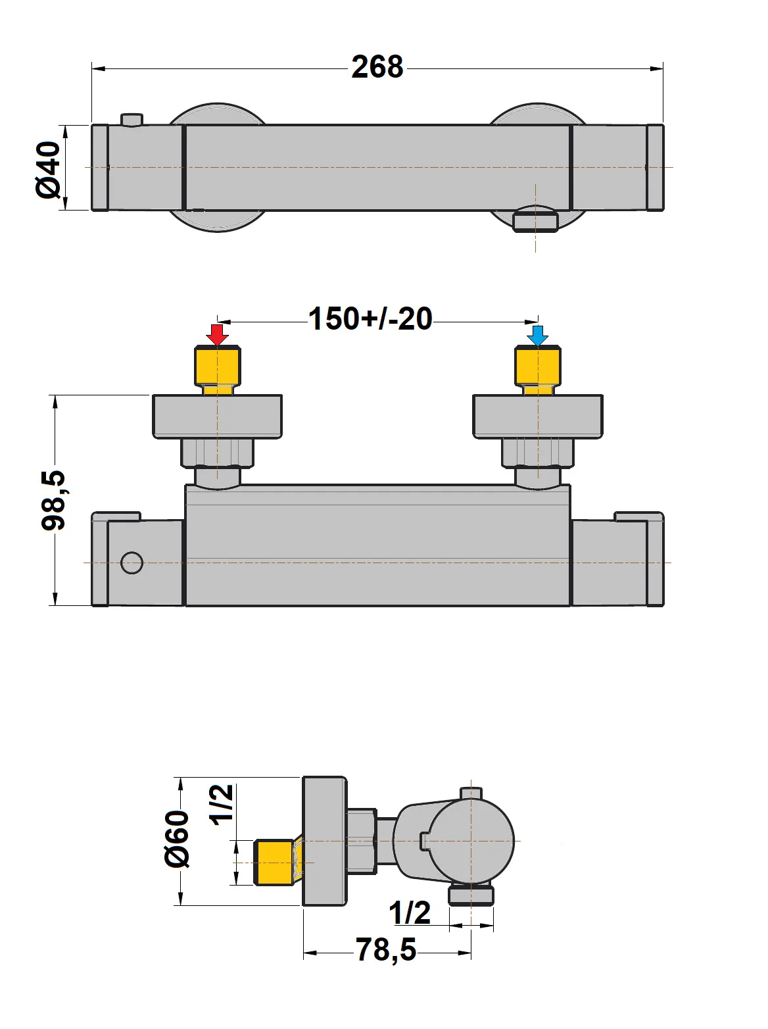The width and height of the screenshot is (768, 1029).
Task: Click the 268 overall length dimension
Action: coord(377,67)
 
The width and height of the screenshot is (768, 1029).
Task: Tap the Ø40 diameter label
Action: coord(49,168)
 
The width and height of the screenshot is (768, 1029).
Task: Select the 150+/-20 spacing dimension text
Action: coord(370,319)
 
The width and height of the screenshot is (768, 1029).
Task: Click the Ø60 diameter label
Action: coord(177,839)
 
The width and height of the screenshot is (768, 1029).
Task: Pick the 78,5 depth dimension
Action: coord(386,950)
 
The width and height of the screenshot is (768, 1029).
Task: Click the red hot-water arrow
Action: coord(217,334)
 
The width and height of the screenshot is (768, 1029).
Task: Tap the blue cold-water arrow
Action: coord(537,334)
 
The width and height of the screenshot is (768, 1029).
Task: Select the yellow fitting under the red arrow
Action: coord(218,367)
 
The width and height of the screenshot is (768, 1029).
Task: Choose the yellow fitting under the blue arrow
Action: coord(537,367)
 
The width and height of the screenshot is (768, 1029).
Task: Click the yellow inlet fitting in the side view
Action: coord(274,862)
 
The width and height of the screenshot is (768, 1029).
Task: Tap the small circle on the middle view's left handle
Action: coord(132,563)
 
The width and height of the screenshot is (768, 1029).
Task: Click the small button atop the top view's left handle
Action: coord(132,119)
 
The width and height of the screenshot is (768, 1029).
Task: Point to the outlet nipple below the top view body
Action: coord(535,220)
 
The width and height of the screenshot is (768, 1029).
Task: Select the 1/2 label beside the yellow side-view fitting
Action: coord(222,803)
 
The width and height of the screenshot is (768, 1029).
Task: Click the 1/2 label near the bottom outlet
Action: coord(410,913)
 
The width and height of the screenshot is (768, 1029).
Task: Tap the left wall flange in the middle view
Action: coord(217,416)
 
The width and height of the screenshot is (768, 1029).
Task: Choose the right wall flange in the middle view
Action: coord(537,416)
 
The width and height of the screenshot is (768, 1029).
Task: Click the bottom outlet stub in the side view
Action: coord(471,895)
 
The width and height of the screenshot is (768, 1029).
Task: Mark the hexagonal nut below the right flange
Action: coord(537,453)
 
